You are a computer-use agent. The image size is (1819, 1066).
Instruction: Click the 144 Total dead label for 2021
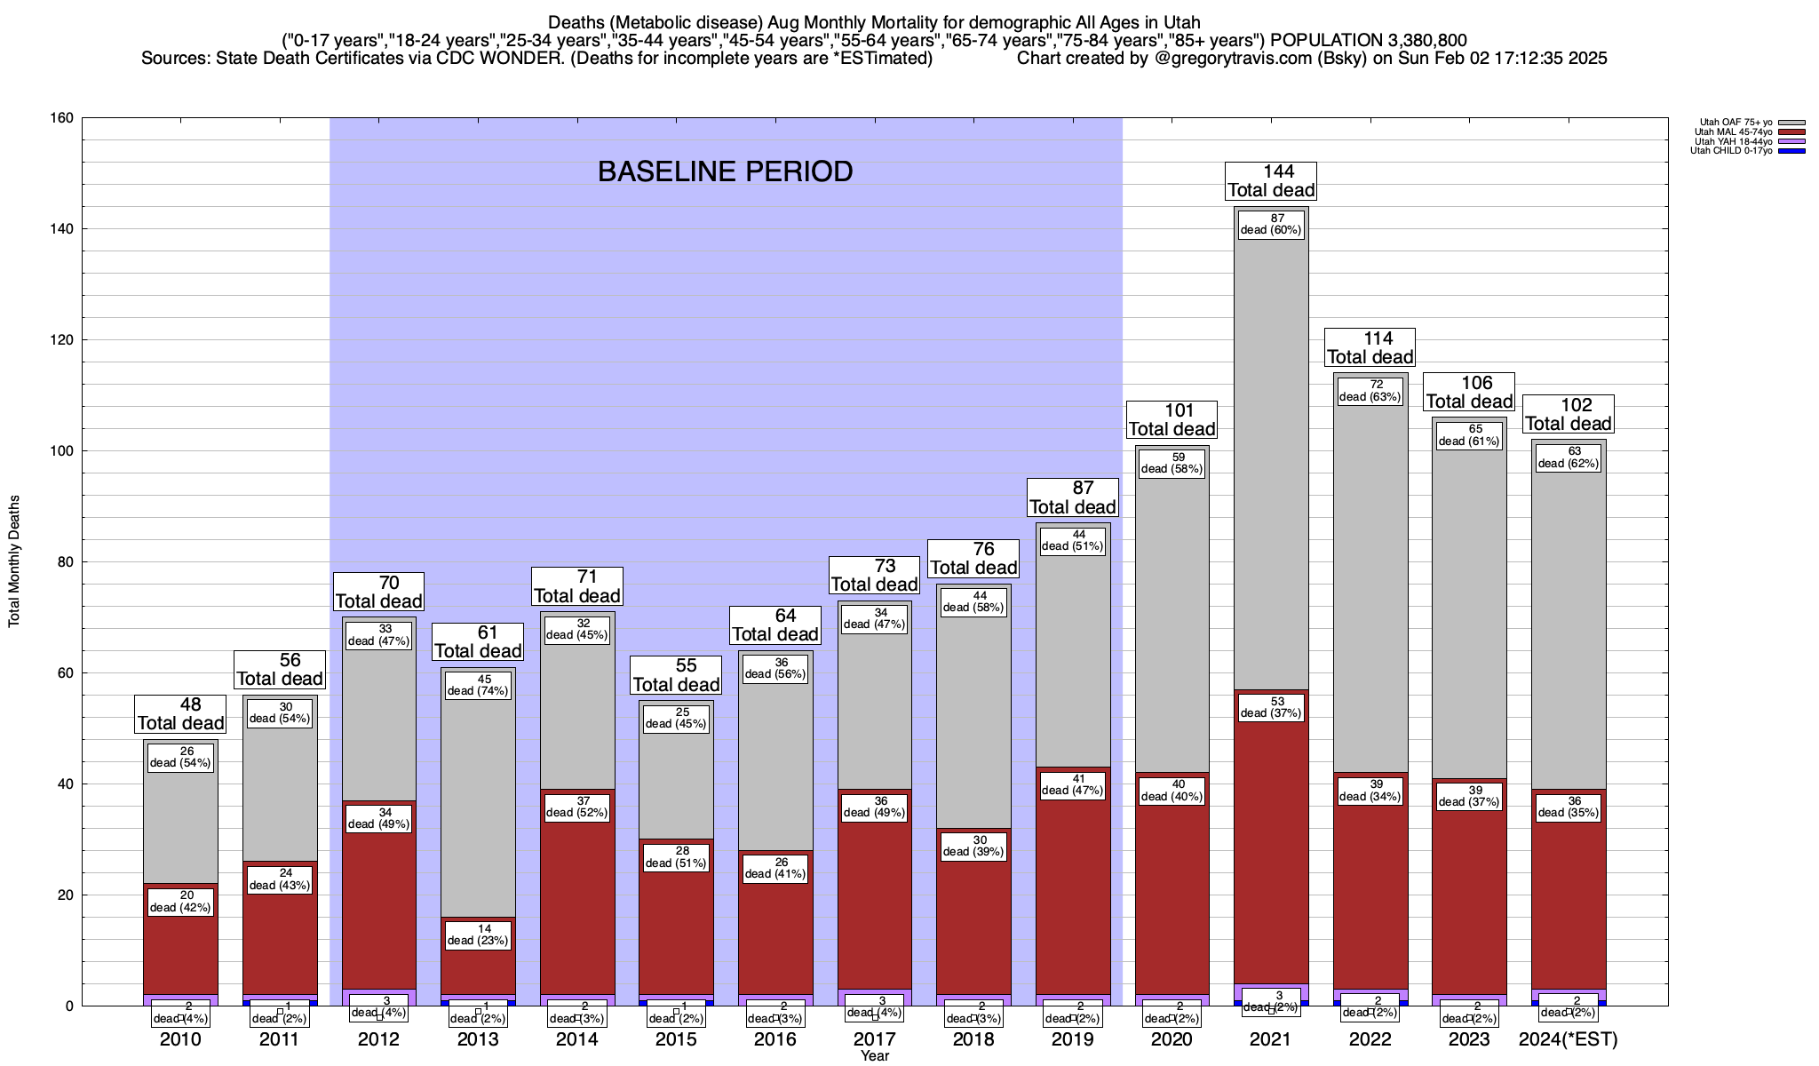tap(1271, 181)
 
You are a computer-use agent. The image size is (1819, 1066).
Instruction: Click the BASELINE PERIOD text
tap(725, 171)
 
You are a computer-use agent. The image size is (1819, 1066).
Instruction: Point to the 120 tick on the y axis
tap(64, 340)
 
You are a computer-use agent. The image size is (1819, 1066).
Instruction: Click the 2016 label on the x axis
tap(775, 1039)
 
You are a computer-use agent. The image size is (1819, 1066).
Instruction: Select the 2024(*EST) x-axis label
tap(1569, 1039)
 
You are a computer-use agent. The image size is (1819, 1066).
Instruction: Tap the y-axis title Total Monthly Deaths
tap(14, 561)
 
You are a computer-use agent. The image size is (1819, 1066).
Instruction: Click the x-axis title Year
tap(874, 1056)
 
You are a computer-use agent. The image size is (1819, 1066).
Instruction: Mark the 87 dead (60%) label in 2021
tap(1271, 224)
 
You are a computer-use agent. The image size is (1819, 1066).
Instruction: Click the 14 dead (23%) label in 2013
tap(478, 935)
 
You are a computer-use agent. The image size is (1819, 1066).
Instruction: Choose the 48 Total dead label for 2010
tap(180, 714)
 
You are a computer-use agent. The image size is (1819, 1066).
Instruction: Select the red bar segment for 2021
tap(1271, 853)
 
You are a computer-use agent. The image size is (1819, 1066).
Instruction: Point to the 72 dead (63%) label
tap(1370, 391)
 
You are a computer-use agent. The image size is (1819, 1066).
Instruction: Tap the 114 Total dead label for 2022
tap(1370, 347)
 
